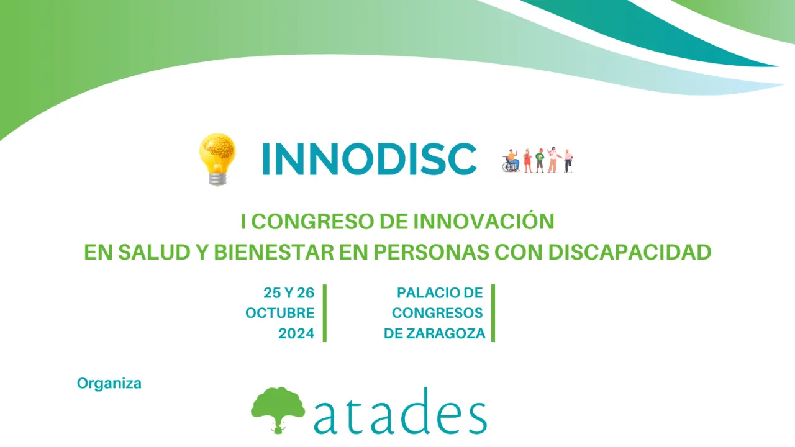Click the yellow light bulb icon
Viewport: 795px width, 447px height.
pyautogui.click(x=217, y=160)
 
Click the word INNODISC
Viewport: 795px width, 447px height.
pyautogui.click(x=369, y=160)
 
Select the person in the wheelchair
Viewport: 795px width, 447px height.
pyautogui.click(x=511, y=161)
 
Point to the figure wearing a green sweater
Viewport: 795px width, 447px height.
pyautogui.click(x=540, y=161)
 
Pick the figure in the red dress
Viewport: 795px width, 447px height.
pyautogui.click(x=528, y=161)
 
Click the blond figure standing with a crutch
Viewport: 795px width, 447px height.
pyautogui.click(x=568, y=161)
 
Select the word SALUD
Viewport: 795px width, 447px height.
pyautogui.click(x=154, y=252)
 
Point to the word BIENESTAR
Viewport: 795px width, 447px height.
pyautogui.click(x=274, y=252)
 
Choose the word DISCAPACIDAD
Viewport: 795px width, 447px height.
pyautogui.click(x=630, y=252)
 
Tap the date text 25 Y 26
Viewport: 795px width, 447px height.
pyautogui.click(x=289, y=292)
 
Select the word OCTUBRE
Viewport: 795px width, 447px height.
pyautogui.click(x=280, y=313)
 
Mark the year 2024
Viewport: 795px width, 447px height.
pyautogui.click(x=296, y=333)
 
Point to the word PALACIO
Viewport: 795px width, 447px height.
pyautogui.click(x=420, y=292)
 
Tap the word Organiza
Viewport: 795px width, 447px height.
pyautogui.click(x=109, y=384)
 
